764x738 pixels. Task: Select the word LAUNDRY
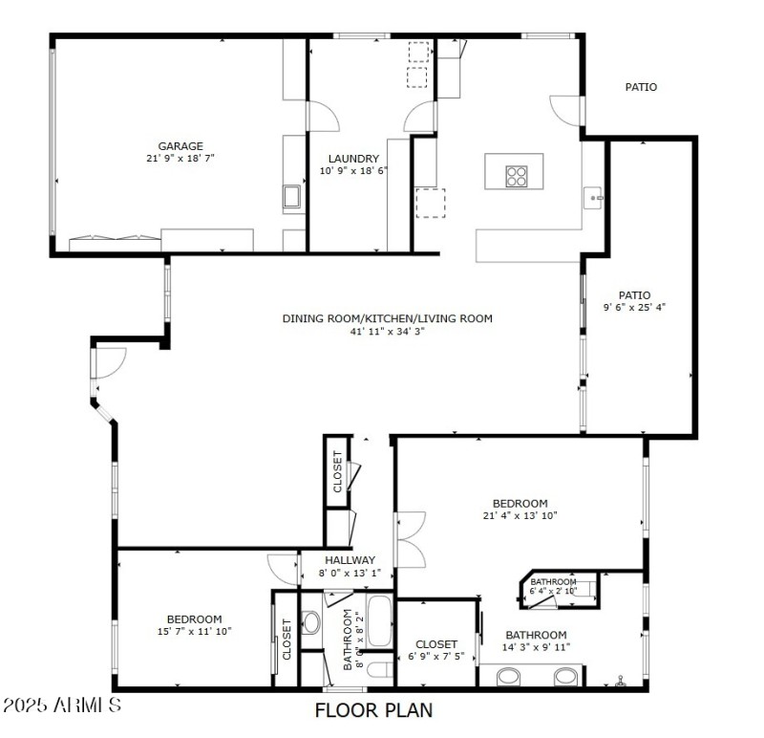point(353,159)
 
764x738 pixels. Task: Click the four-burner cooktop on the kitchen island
point(516,175)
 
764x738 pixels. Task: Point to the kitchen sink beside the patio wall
point(594,198)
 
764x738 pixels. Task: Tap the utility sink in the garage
point(293,198)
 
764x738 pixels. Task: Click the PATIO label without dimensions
point(641,87)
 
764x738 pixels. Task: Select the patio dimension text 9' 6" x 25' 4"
point(634,308)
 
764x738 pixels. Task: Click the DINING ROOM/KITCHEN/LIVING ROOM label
point(387,318)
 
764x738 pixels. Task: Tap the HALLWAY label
point(350,560)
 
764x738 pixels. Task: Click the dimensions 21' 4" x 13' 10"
point(520,516)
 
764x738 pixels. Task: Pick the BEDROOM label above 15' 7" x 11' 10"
point(194,619)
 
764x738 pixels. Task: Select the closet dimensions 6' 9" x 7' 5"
point(436,657)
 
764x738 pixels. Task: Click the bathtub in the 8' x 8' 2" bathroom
point(379,621)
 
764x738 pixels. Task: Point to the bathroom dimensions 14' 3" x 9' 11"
point(537,647)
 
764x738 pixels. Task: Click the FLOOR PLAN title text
point(373,710)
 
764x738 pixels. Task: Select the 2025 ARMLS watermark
point(62,706)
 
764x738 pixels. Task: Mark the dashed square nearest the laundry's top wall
point(418,53)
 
